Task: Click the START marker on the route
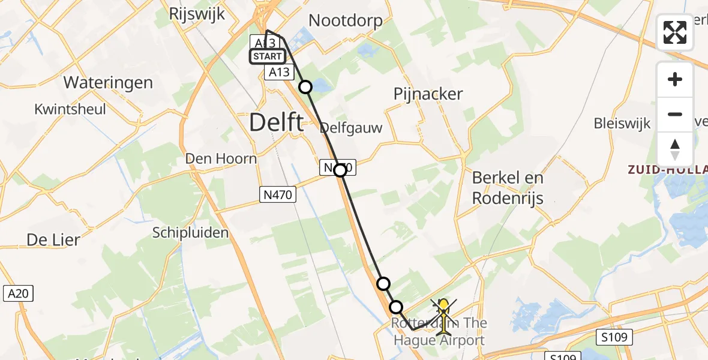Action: click(267, 56)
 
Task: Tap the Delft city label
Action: click(276, 123)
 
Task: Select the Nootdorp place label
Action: click(345, 21)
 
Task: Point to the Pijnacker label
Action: click(428, 94)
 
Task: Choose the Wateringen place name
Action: click(108, 82)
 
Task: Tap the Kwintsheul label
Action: click(70, 109)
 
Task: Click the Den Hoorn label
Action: click(221, 159)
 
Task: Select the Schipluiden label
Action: click(190, 232)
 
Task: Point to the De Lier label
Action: click(53, 240)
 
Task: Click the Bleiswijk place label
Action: click(622, 124)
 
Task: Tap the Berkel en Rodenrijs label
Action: click(508, 187)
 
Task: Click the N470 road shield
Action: click(278, 193)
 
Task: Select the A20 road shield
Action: click(19, 293)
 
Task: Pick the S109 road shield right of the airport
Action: click(614, 337)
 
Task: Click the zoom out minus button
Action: click(675, 115)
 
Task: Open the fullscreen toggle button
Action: click(675, 32)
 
